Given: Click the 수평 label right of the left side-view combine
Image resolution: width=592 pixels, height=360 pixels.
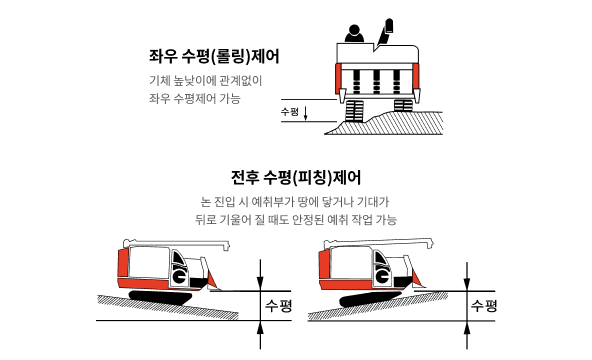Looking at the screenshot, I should (x=279, y=304).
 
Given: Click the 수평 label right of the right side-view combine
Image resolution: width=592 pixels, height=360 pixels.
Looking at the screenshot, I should (x=484, y=304).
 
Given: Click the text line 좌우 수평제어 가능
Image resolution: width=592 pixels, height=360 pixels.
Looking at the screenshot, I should (x=194, y=99).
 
